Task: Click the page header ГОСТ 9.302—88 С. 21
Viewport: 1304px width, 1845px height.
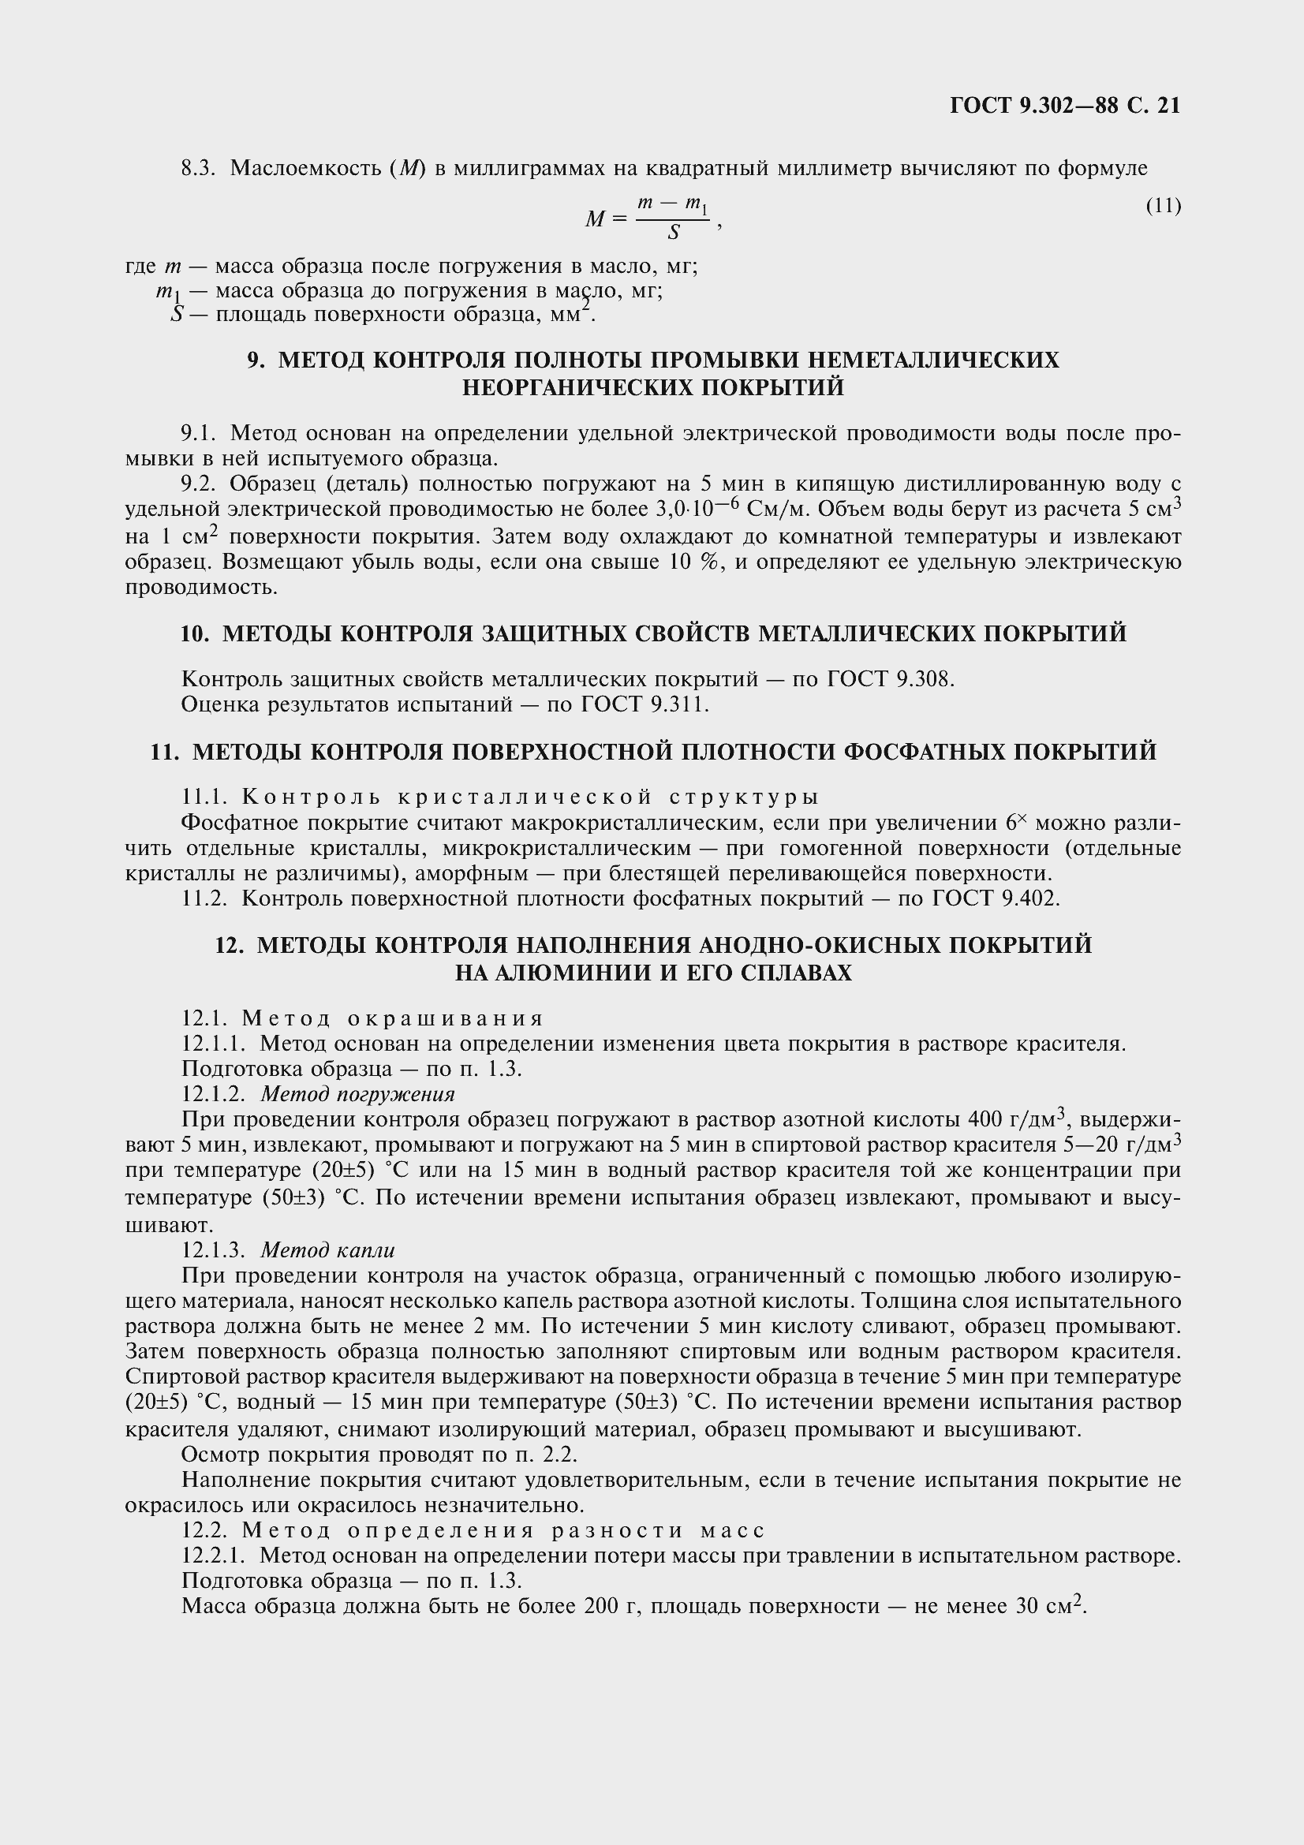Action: (x=1064, y=106)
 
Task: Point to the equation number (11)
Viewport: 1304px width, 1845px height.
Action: (x=1163, y=207)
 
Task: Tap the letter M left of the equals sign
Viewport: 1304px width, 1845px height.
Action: (x=595, y=218)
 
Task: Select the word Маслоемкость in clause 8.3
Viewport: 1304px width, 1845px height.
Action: (x=304, y=169)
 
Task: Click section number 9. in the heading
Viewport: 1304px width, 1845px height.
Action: (x=256, y=360)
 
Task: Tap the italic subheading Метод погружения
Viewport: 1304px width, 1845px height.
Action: (x=357, y=1095)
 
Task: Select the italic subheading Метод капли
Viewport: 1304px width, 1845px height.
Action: (x=328, y=1250)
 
